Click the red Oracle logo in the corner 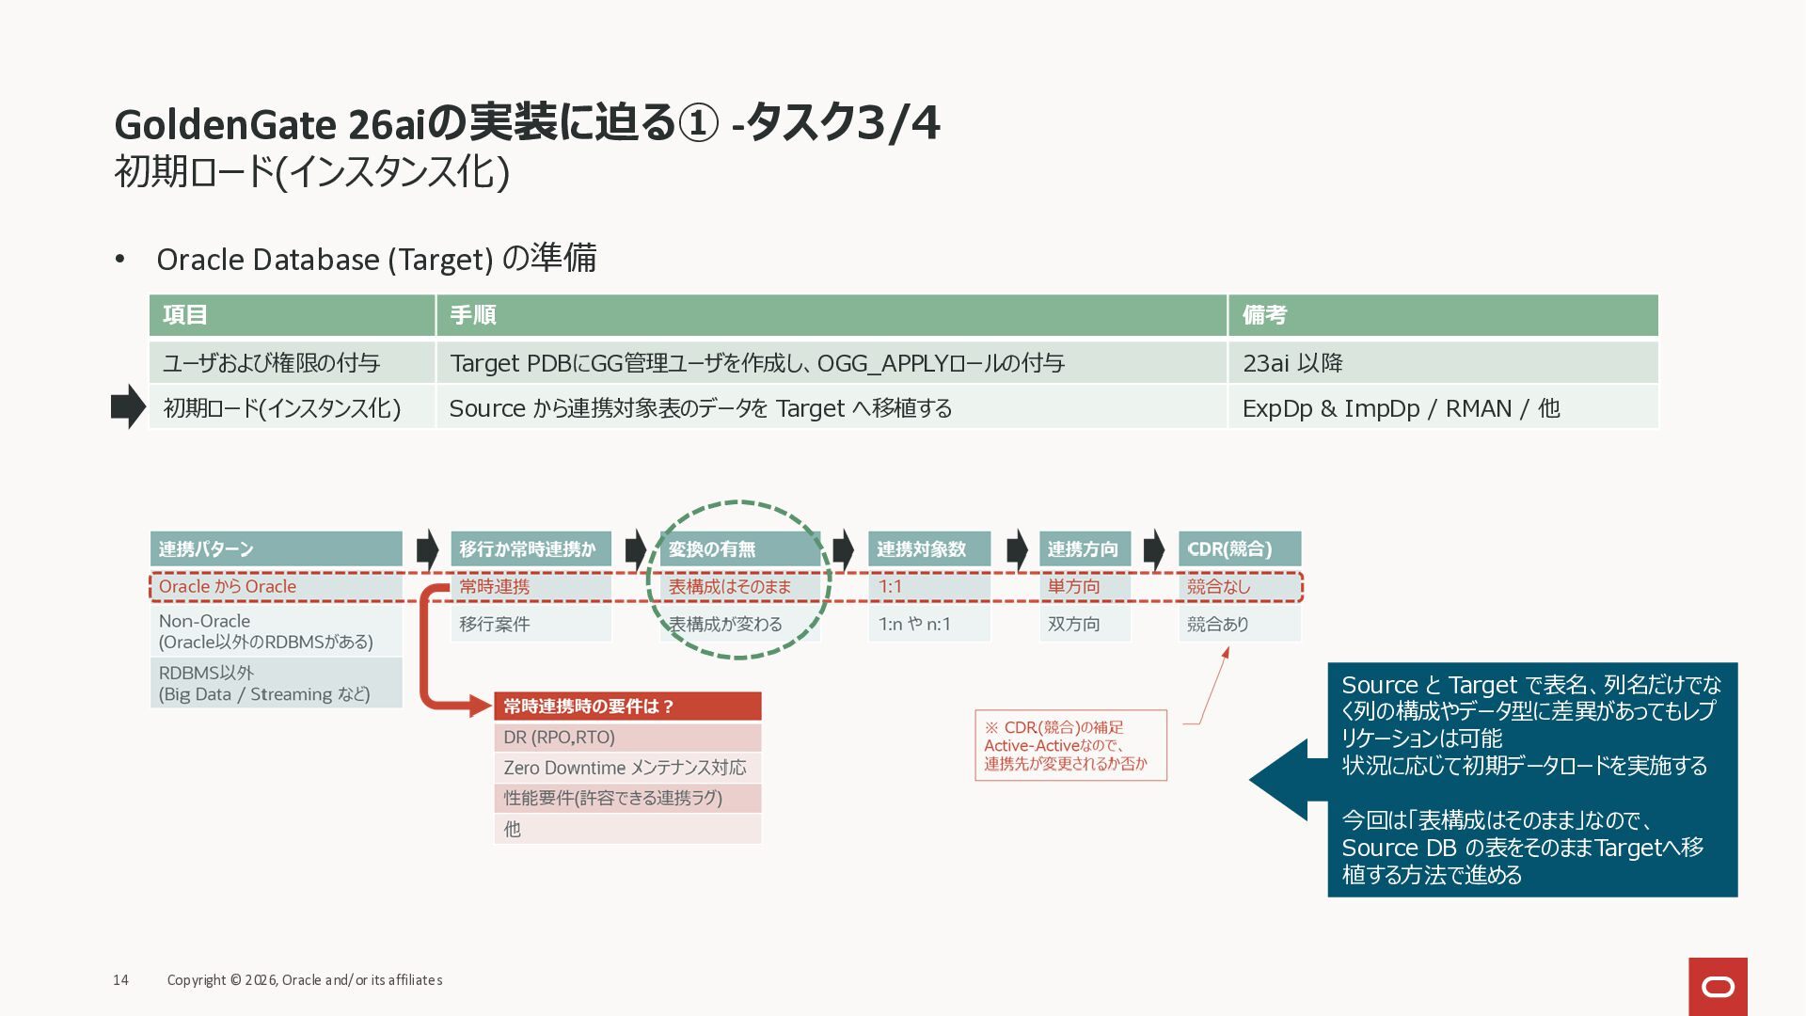1718,986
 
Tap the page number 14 120,980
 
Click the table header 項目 292,315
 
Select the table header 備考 1442,315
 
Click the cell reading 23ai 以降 1442,363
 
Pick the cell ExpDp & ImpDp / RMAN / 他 1442,408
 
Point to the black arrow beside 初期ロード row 128,406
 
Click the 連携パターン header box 276,548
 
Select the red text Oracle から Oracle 228,586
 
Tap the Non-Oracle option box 276,631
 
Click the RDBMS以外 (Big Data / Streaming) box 276,683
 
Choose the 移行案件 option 531,624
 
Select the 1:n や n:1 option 927,624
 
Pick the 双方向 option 1084,624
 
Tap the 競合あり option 1238,624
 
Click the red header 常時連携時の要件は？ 627,706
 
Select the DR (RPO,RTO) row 627,738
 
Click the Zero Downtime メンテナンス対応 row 627,768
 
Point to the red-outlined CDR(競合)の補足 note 1070,745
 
